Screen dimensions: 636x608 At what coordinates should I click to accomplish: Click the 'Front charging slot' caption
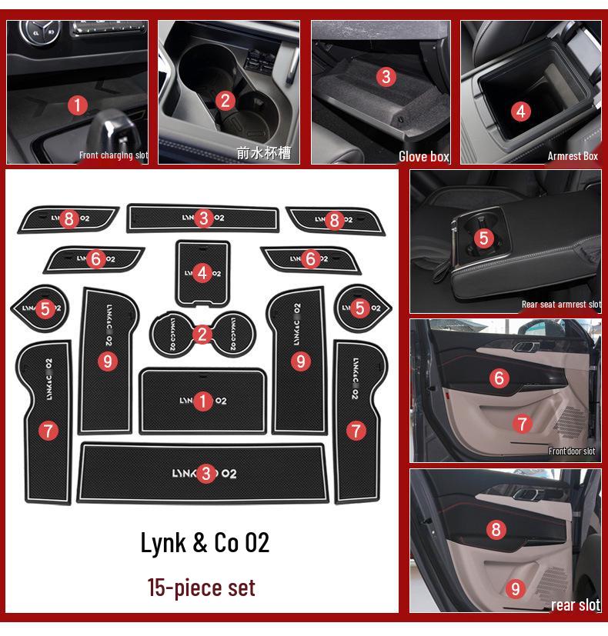[113, 155]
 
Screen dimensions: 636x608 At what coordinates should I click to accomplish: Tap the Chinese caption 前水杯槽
[263, 153]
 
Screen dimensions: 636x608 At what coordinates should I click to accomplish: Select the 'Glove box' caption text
[423, 156]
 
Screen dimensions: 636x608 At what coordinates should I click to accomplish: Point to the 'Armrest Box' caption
[572, 156]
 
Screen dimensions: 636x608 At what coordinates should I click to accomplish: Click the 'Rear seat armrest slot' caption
[561, 305]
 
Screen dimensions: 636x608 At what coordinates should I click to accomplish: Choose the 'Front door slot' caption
[571, 451]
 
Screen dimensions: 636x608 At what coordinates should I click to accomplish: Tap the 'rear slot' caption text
[575, 605]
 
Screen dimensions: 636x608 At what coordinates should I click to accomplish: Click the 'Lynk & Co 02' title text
[205, 542]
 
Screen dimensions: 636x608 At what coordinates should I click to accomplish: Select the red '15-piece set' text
[201, 588]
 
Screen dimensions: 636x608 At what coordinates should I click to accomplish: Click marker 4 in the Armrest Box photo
[521, 112]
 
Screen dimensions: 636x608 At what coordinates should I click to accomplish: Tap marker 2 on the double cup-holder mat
[202, 334]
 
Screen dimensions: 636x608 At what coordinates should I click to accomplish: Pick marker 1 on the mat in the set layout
[203, 401]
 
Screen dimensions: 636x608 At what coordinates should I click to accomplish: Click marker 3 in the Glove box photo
[386, 76]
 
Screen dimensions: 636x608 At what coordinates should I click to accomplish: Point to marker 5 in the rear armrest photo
[483, 238]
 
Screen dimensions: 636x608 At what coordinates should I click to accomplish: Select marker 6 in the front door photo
[499, 378]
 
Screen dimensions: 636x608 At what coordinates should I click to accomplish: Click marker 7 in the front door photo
[522, 424]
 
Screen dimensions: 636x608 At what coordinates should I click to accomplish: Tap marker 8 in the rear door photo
[496, 529]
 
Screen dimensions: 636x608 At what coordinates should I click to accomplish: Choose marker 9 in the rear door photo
[516, 590]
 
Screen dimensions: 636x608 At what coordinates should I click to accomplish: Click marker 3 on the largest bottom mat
[205, 474]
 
